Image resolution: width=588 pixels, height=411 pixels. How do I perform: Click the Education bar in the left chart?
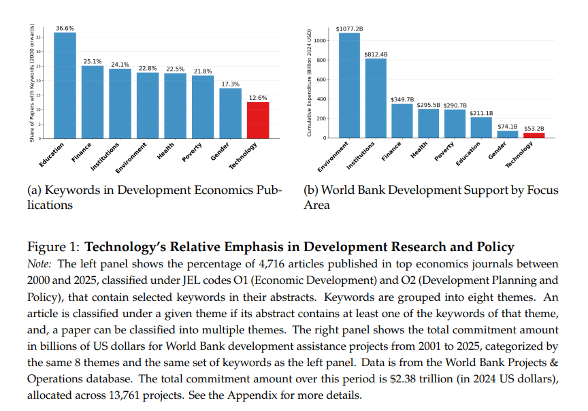65,85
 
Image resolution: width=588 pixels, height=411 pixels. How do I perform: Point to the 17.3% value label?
230,83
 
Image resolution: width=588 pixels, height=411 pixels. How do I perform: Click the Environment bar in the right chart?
349,85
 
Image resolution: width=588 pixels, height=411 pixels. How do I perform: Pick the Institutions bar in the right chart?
376,98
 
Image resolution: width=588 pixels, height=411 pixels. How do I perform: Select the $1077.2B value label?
349,29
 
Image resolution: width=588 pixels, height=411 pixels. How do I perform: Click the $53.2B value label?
534,128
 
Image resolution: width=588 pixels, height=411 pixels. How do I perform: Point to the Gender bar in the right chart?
507,134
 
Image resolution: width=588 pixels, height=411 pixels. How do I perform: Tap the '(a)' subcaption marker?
35,191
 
